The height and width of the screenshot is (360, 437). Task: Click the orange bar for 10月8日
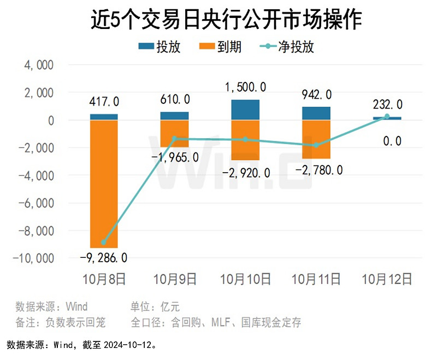pos(104,184)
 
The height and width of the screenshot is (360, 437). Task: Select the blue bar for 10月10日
pos(245,110)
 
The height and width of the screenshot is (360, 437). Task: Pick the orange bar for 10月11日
pos(316,139)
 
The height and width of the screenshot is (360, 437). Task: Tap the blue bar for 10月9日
pos(174,116)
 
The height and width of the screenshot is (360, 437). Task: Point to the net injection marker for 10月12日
pos(387,117)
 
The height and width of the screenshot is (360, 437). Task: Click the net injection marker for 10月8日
pos(104,242)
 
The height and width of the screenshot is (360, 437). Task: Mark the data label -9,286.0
pos(103,257)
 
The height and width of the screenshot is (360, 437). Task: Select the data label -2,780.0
pos(318,170)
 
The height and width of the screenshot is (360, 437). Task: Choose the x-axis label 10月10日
pos(245,279)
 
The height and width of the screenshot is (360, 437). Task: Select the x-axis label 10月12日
pos(387,279)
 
